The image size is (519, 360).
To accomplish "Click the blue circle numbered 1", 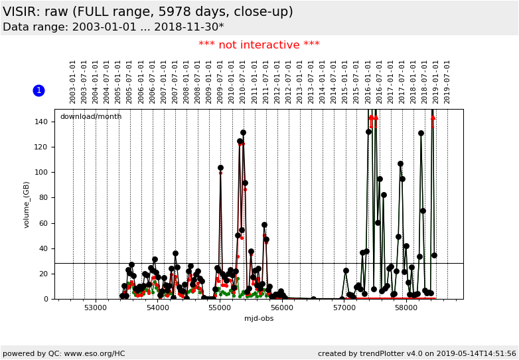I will point(38,90).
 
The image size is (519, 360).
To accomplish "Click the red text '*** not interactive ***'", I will point(259,45).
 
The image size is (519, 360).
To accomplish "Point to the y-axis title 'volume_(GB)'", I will point(27,204).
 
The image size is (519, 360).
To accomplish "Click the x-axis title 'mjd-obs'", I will point(259,318).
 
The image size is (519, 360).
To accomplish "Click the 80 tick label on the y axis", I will point(44,198).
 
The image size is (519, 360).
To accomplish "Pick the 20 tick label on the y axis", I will point(44,274).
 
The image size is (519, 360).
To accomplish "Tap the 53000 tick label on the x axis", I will point(96,308).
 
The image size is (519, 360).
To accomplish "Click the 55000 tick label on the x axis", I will point(220,308).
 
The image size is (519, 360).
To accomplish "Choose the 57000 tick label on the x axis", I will point(344,308).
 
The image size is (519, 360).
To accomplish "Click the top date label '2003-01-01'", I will point(73,81).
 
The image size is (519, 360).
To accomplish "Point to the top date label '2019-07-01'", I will point(447,81).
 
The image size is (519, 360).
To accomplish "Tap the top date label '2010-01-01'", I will point(232,81).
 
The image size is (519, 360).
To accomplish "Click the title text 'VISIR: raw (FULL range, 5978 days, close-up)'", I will point(148,12).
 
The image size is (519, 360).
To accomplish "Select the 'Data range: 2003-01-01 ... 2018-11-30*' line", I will point(113,27).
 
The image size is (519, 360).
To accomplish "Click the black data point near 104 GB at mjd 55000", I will point(220,167).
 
